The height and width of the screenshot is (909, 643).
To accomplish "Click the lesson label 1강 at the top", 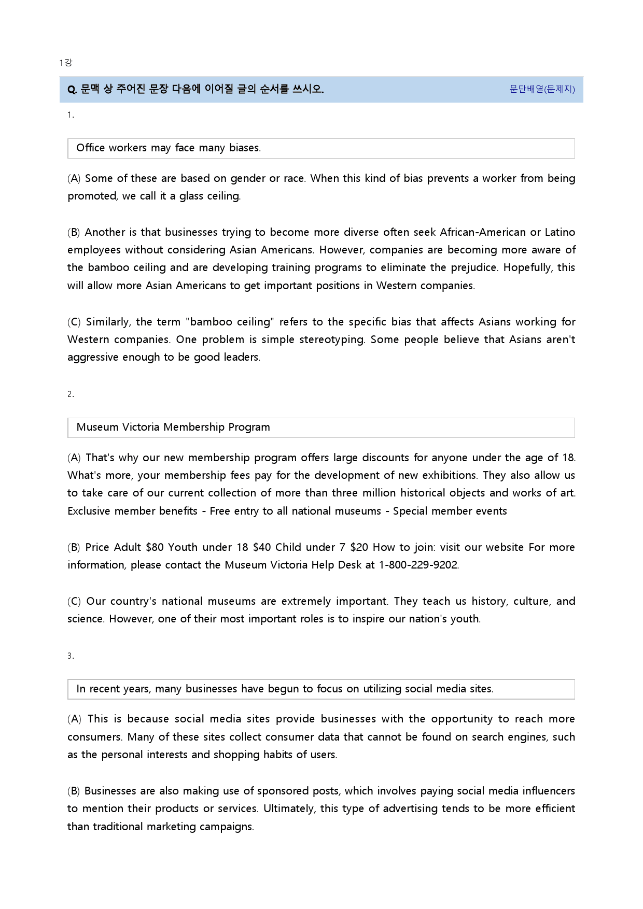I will [65, 63].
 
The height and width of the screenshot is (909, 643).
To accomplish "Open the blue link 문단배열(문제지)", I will [542, 89].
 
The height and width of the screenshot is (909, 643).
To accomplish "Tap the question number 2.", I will [71, 394].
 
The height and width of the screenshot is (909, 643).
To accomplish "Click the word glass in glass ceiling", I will [191, 196].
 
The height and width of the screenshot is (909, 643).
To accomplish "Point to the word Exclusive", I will [89, 511].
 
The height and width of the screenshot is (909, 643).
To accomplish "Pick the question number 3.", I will [71, 656].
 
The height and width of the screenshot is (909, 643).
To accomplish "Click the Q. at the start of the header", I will [72, 89].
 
